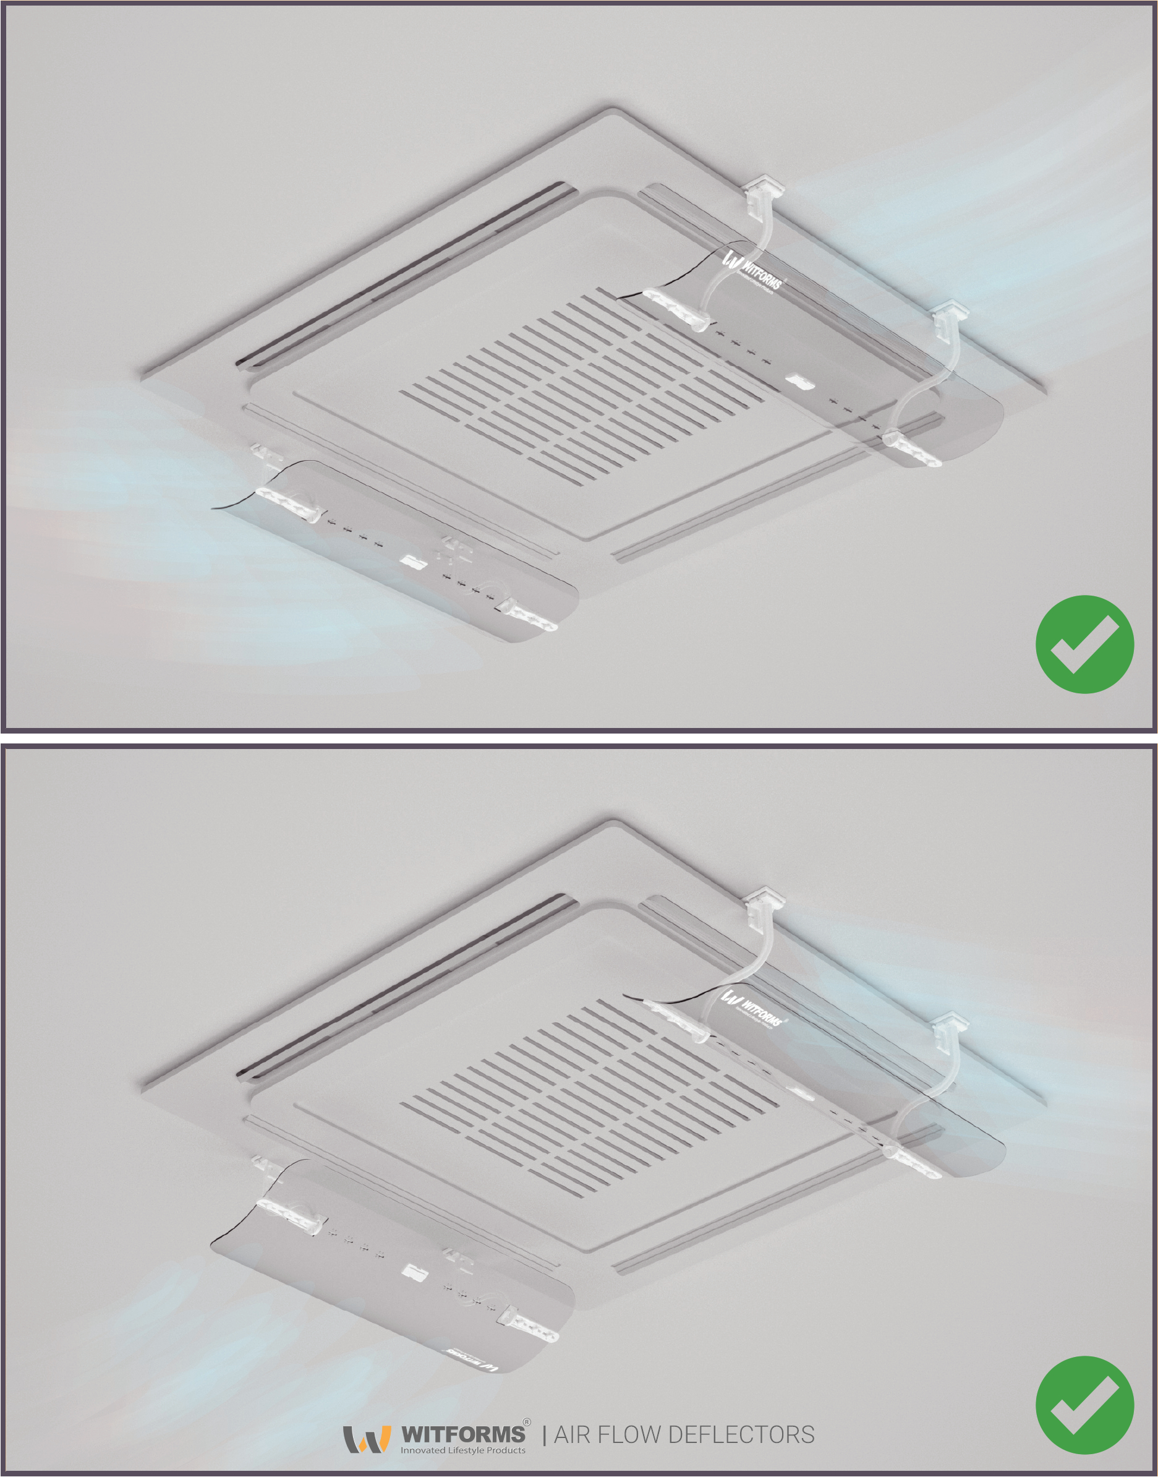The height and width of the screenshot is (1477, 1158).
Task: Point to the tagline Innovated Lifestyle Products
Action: (462, 1450)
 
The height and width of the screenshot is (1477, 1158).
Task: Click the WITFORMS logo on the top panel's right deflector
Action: (752, 269)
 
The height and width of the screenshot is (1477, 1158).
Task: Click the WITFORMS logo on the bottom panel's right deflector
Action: (752, 1008)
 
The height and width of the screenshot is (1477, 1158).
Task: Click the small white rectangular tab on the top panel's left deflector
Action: (412, 562)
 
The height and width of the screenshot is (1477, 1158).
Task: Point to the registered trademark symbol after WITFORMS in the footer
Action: (527, 1420)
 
